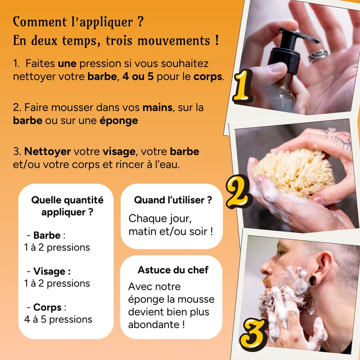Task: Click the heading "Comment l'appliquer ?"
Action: (x=78, y=22)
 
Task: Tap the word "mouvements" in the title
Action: (x=174, y=41)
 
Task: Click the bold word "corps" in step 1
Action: (x=208, y=76)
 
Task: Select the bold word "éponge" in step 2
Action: (x=119, y=121)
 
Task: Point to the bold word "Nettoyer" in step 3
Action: (x=48, y=152)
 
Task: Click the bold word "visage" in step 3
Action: (x=119, y=152)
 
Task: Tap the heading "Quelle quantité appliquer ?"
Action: (x=67, y=206)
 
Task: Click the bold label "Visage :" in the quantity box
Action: (x=52, y=271)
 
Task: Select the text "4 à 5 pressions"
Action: (x=58, y=319)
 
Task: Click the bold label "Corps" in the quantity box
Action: (x=47, y=307)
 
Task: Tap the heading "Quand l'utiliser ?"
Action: (x=173, y=200)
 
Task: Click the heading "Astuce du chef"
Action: (x=173, y=270)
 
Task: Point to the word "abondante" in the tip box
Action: (x=154, y=324)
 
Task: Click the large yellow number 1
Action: (x=243, y=86)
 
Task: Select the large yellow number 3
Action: (x=253, y=334)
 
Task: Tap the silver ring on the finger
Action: (x=318, y=55)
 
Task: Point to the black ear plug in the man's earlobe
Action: (x=312, y=281)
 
